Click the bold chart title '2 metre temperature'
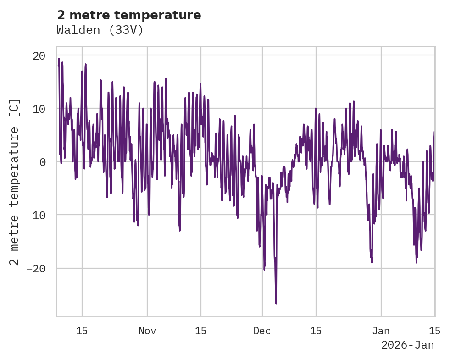(x=129, y=15)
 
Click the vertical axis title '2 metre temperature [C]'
(x=14, y=182)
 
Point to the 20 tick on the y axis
(x=39, y=55)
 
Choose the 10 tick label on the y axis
(x=39, y=109)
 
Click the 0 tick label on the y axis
(x=42, y=162)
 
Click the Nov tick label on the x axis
(x=147, y=331)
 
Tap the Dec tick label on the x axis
(x=262, y=331)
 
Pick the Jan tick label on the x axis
(x=381, y=331)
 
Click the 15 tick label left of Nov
(x=82, y=331)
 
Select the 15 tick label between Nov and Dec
(x=201, y=331)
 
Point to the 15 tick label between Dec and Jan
(x=316, y=331)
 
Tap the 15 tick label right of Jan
(x=434, y=331)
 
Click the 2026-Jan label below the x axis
(x=407, y=345)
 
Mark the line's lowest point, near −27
(x=276, y=303)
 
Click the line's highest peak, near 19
(x=59, y=59)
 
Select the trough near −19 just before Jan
(x=372, y=262)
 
